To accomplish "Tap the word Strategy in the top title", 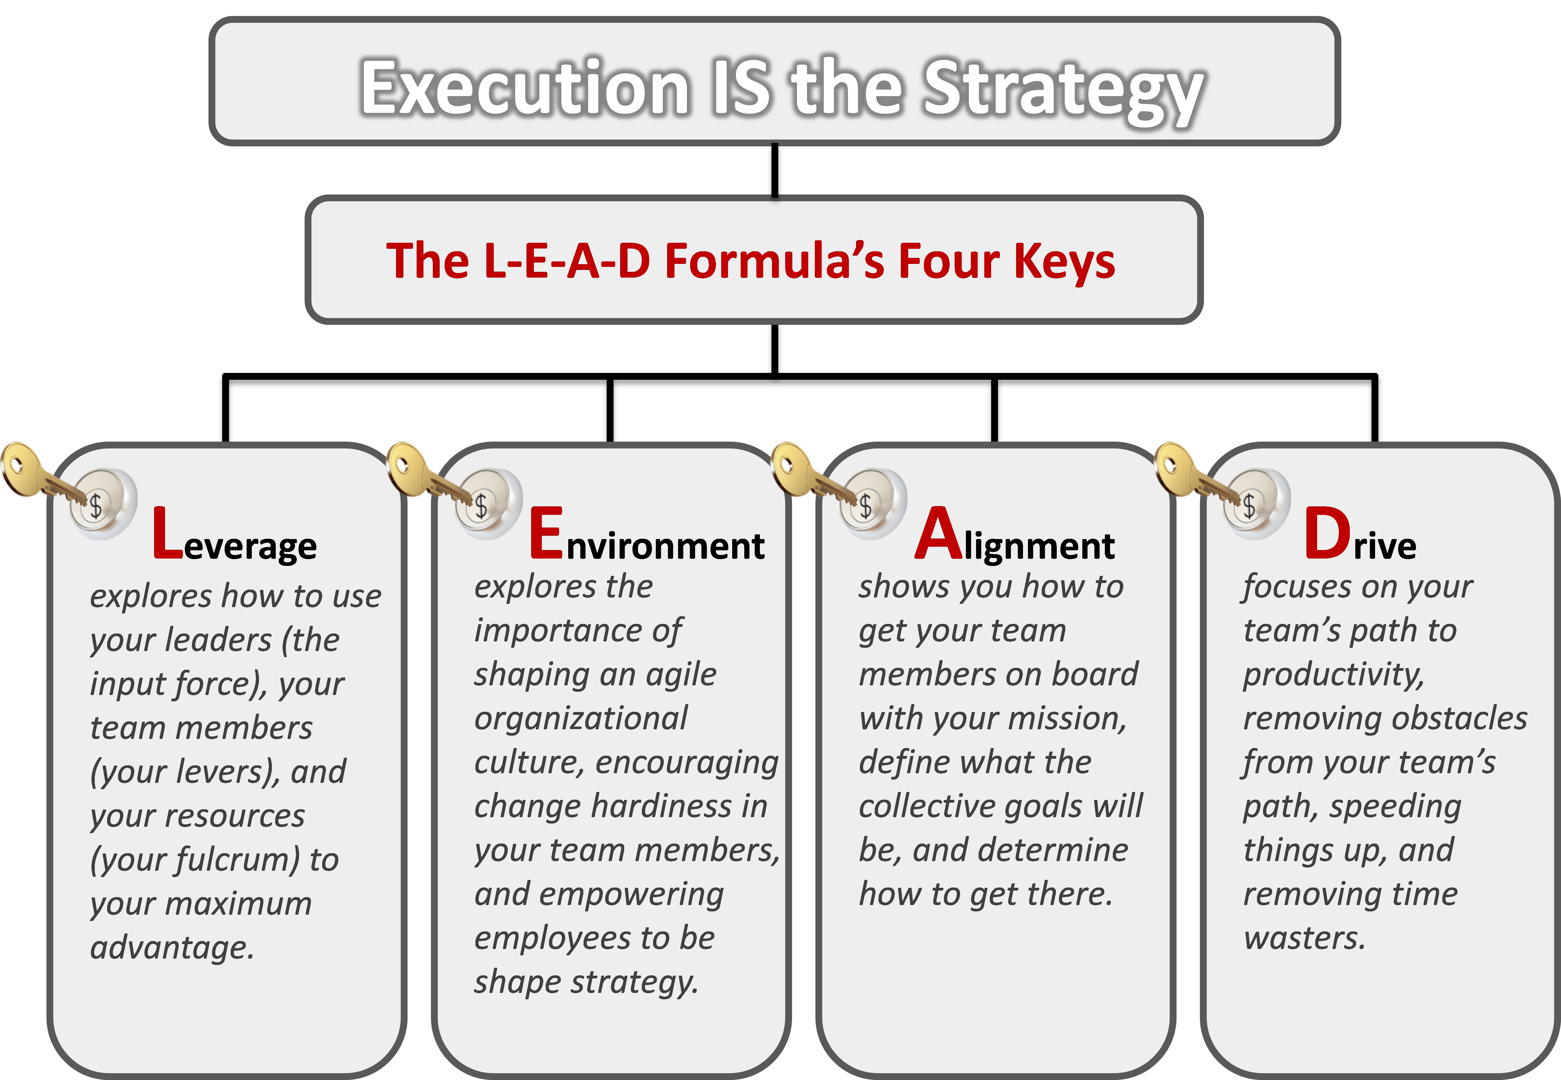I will click(1062, 91).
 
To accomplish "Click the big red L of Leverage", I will click(166, 535).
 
